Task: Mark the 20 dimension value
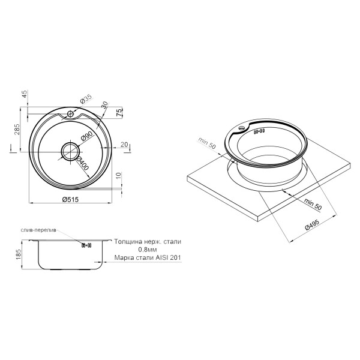(124, 144)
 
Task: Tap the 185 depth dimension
(18, 254)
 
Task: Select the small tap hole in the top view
(70, 113)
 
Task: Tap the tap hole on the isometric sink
(242, 126)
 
